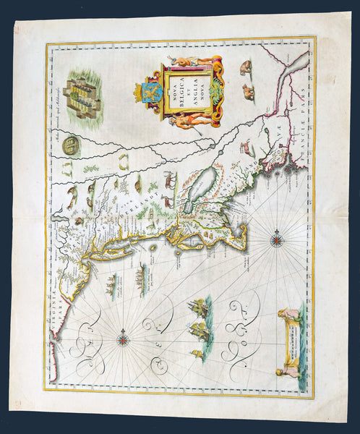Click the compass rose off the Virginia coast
(124, 335)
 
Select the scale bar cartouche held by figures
(291, 339)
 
